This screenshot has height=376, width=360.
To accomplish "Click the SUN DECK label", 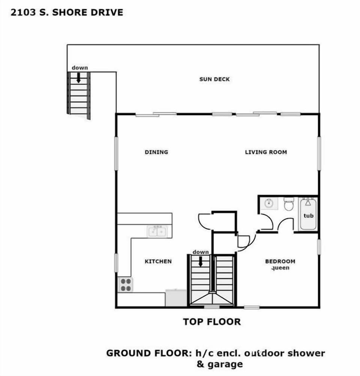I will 214,79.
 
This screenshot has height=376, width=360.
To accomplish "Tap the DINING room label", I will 156,152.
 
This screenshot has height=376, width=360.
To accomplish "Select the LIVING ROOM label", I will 266,152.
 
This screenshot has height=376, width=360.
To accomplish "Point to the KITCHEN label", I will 158,261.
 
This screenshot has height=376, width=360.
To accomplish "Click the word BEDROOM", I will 280,261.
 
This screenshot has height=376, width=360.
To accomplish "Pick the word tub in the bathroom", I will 308,216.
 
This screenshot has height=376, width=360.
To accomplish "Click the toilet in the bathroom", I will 289,204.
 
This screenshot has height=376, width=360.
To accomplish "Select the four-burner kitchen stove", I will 126,285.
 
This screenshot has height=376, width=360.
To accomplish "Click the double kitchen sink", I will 157,232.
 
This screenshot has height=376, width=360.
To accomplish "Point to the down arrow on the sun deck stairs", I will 79,78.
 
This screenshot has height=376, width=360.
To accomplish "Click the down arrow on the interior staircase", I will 201,261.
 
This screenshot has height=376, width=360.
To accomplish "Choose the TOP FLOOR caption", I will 212,321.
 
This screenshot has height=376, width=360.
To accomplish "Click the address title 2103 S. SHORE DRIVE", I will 67,12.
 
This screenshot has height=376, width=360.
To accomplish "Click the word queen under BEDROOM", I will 280,268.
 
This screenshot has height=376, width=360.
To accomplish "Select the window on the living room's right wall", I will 319,153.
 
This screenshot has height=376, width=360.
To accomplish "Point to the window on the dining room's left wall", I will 116,152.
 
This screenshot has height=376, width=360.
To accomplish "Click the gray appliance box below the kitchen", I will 176,298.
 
